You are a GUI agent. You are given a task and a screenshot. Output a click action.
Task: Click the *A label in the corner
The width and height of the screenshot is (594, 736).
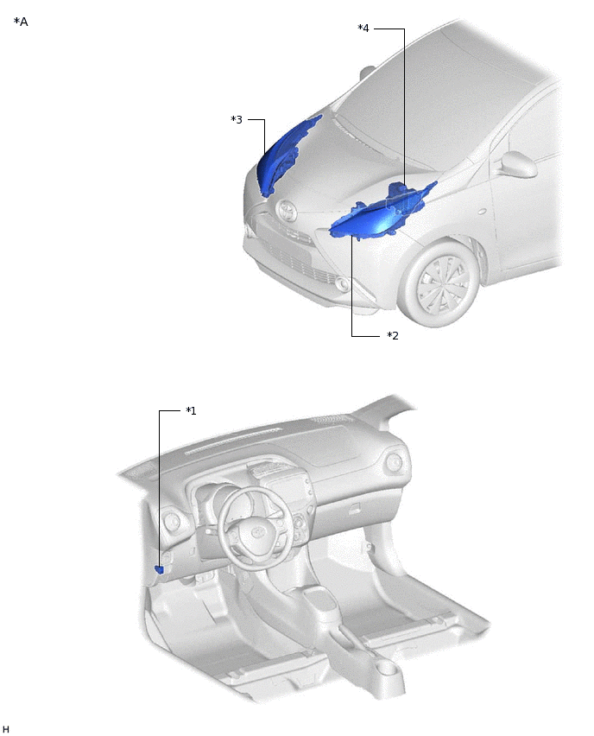pos(21,22)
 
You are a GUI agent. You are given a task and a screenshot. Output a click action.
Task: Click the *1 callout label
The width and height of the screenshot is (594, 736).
pos(191,410)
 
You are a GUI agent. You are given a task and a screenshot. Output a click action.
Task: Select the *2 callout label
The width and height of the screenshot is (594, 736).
pos(393,336)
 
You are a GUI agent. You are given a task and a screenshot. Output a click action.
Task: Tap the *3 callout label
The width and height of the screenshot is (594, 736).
pos(237,120)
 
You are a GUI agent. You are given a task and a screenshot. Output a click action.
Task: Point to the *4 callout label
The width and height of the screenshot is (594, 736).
pos(363,29)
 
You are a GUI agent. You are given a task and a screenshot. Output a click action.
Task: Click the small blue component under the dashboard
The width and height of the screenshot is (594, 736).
pos(159,570)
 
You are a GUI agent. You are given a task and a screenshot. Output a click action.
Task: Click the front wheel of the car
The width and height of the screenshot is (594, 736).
pos(442,283)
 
